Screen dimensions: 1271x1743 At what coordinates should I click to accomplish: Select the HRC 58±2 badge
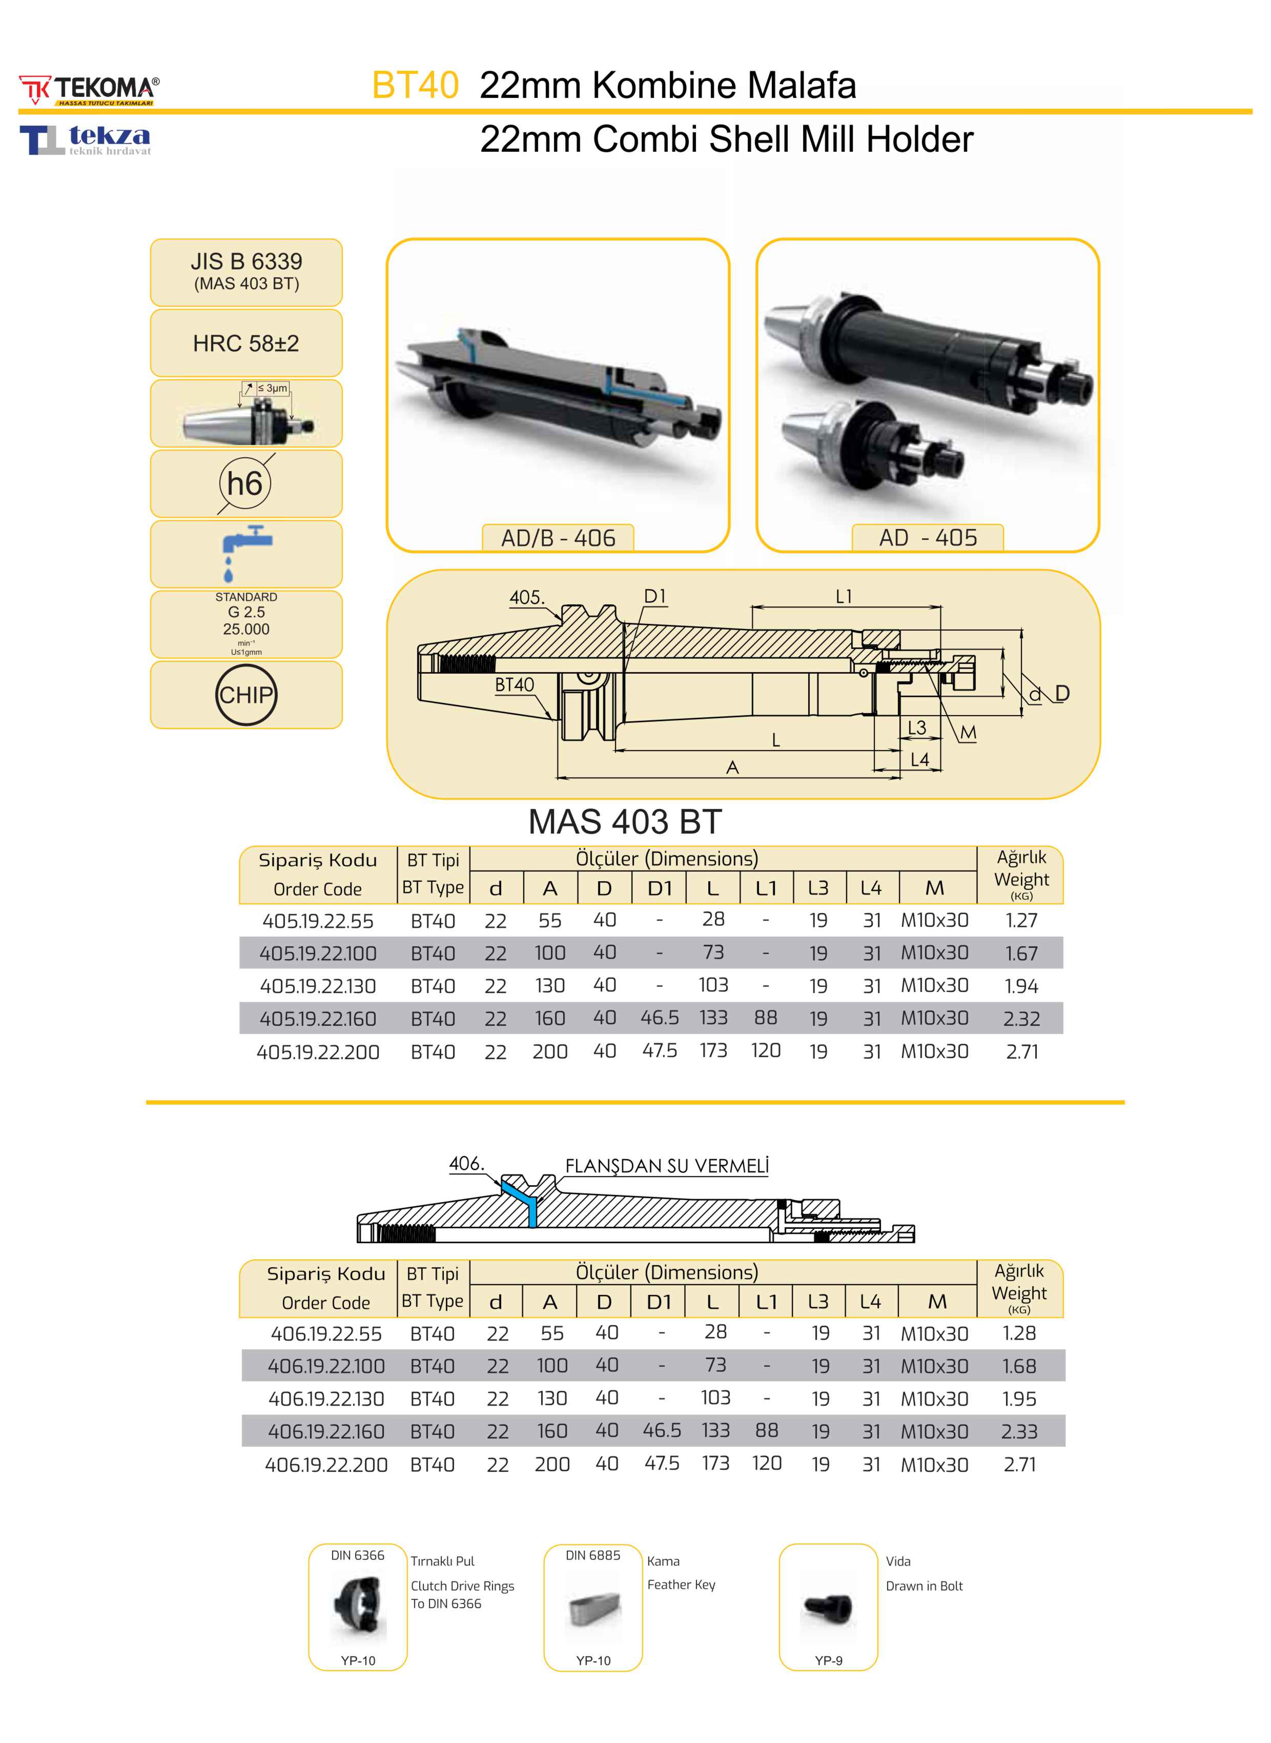[246, 343]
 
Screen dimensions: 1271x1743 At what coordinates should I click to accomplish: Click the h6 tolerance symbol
[245, 483]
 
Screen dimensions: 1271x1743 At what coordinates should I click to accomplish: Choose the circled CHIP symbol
[245, 695]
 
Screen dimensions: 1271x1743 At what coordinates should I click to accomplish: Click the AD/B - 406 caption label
[558, 538]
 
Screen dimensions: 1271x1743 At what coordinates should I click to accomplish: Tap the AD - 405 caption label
[928, 538]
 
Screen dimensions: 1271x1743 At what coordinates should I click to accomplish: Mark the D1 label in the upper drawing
[655, 596]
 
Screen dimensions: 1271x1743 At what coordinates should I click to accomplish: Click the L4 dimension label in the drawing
[919, 760]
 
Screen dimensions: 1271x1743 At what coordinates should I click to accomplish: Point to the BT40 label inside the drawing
[514, 685]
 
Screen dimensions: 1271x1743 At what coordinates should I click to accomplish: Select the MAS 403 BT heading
[625, 822]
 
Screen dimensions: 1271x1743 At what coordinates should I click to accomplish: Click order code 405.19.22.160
[318, 1019]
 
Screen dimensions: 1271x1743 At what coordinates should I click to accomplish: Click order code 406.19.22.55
[326, 1333]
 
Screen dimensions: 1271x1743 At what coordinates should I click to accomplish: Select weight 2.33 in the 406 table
[1019, 1431]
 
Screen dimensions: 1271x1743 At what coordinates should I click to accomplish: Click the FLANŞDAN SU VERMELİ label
[667, 1166]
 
